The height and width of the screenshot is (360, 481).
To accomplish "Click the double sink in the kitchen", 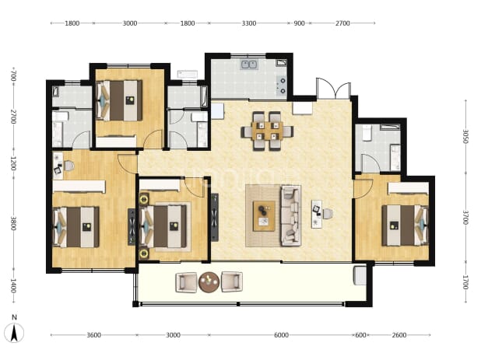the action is tap(249, 65).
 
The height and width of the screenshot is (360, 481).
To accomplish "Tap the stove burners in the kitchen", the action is tap(283, 86).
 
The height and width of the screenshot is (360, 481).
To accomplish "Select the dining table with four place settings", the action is tap(268, 131).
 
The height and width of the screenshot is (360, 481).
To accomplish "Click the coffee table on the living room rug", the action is tap(264, 216).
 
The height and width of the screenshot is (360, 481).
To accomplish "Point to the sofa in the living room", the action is tap(290, 215).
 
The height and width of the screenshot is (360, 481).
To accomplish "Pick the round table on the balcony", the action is tap(209, 282).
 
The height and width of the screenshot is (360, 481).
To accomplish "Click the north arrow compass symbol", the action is tap(14, 331).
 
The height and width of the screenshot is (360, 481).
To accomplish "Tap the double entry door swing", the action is tap(333, 88).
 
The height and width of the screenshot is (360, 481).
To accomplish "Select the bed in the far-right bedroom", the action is tap(405, 225).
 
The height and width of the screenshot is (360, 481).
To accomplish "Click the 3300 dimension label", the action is tap(249, 23).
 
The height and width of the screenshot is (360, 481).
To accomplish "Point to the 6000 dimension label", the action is tap(281, 335).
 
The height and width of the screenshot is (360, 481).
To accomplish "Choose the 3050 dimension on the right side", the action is tap(465, 136).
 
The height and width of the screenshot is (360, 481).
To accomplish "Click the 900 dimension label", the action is tap(299, 23).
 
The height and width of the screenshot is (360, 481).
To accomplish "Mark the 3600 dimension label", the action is tap(93, 335).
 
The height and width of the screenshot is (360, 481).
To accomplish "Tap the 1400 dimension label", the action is tap(13, 285).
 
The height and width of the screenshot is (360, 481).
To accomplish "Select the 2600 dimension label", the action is tap(399, 335).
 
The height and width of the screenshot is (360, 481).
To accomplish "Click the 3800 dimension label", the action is tap(13, 224).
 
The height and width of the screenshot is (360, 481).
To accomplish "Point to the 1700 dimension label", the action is tap(465, 282).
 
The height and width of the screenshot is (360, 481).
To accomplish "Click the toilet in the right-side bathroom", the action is tap(367, 133).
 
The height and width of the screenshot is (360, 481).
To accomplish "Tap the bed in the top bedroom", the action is tap(119, 100).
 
